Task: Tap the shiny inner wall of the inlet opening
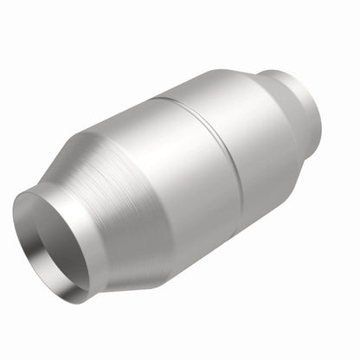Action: click(76, 252)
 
